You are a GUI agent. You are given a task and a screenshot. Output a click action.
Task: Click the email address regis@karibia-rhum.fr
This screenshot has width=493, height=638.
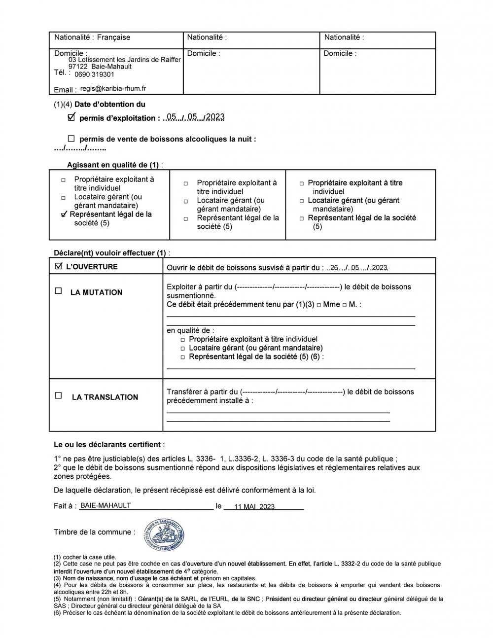point(113,89)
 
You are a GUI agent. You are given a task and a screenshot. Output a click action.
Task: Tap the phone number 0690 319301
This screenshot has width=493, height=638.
point(94,74)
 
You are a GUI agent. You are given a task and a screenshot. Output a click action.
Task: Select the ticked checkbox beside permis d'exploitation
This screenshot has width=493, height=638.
point(71,117)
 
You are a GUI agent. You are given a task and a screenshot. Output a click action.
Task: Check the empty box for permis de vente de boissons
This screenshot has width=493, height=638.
point(71,139)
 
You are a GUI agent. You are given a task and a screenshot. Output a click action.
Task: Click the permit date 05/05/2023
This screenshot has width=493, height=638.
point(195,117)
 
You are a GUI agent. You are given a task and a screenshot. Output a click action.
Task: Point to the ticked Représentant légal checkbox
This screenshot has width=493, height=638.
point(64,214)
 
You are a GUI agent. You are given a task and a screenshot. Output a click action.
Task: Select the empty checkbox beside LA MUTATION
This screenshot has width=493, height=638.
point(58,291)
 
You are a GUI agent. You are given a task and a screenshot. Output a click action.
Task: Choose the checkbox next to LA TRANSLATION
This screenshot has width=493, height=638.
point(58,395)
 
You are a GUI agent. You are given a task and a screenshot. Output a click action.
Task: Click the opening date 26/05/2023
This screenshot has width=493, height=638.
point(358,268)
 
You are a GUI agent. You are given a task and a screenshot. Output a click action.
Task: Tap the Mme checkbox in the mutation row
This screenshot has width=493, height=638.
point(319,305)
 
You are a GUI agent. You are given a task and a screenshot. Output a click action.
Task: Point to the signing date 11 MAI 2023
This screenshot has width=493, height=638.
point(254,506)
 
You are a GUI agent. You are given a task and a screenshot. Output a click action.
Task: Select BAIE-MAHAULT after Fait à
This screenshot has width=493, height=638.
point(105,505)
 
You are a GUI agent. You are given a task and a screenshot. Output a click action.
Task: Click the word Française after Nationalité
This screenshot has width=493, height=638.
point(113,37)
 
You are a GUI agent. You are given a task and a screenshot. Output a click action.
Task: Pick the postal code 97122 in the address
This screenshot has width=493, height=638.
point(78,67)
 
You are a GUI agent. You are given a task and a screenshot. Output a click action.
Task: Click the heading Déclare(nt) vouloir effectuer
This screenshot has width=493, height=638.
point(111,253)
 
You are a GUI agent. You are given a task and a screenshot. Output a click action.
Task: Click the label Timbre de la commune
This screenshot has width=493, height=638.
point(94,532)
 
